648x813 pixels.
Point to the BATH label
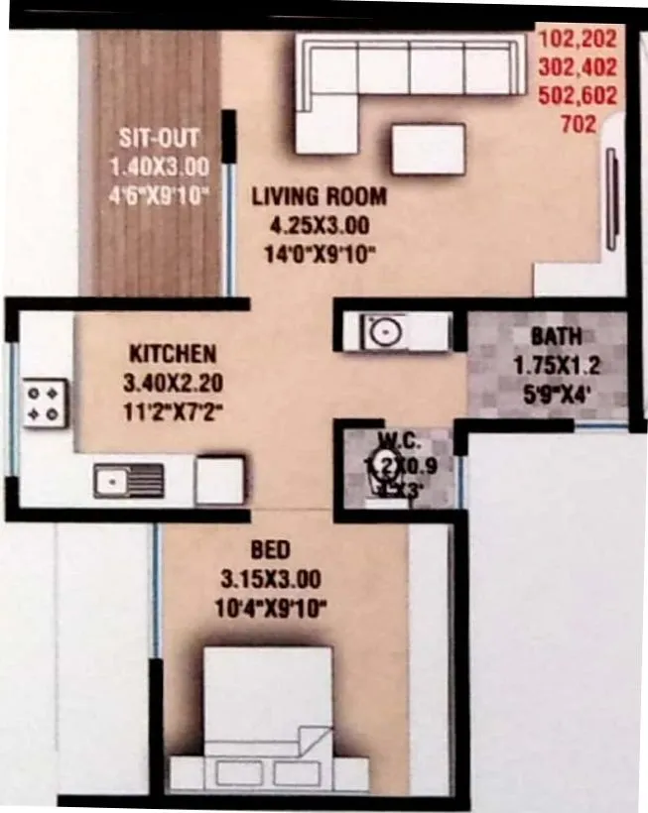pyautogui.click(x=556, y=336)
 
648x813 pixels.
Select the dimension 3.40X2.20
pyautogui.click(x=173, y=381)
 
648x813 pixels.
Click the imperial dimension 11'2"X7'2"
pyautogui.click(x=173, y=407)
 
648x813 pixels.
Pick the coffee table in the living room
pyautogui.click(x=428, y=149)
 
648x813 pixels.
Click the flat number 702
pyautogui.click(x=579, y=125)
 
